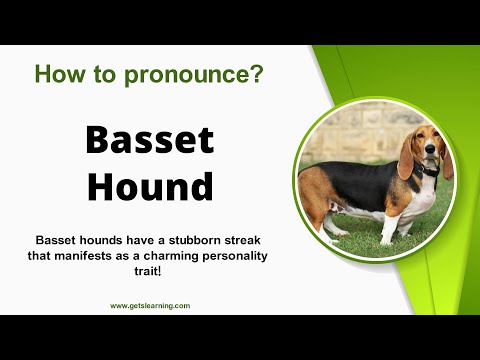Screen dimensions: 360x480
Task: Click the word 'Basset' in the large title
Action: pyautogui.click(x=148, y=141)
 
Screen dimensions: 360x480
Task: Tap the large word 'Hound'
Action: pyautogui.click(x=148, y=186)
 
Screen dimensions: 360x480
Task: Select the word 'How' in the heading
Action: pyautogui.click(x=57, y=73)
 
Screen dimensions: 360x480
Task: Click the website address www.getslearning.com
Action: pyautogui.click(x=149, y=305)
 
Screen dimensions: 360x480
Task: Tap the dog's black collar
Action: pyautogui.click(x=428, y=171)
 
